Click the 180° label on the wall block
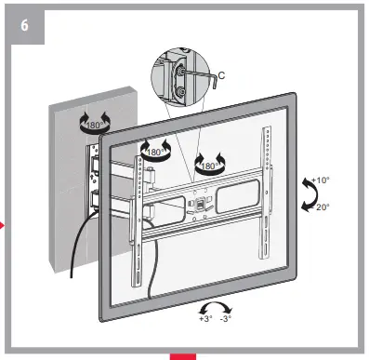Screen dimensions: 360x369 coord(96,125)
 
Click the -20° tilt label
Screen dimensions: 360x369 coord(320,208)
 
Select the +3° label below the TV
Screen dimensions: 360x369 coord(206,318)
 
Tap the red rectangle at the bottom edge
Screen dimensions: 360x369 coord(183,355)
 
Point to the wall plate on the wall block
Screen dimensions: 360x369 coord(95,177)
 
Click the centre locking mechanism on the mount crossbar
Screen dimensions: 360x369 coord(197,199)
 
